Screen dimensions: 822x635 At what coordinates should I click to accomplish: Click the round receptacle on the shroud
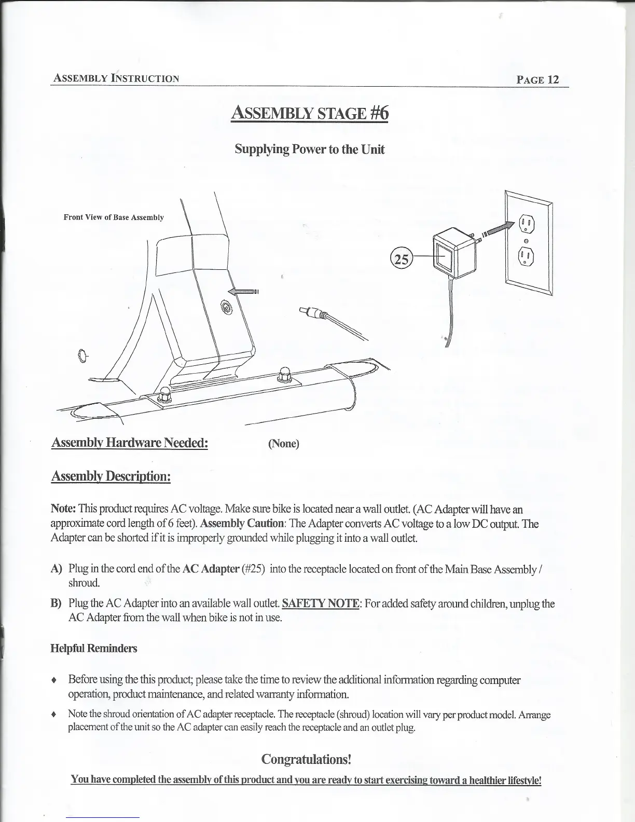click(227, 307)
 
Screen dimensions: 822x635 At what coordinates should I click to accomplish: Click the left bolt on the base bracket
click(165, 395)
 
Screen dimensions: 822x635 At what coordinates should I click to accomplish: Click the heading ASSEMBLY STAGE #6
click(309, 113)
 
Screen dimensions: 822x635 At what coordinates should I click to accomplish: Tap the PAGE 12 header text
click(537, 79)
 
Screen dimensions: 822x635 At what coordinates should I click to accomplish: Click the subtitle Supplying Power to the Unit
click(310, 149)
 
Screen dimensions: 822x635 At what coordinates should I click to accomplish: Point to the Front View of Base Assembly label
click(114, 217)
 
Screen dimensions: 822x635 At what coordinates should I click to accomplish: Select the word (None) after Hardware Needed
click(284, 444)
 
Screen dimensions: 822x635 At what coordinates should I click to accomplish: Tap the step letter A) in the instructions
click(57, 569)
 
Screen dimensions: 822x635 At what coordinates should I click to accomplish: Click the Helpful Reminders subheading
click(94, 648)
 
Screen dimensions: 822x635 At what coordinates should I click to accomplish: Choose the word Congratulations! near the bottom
click(307, 759)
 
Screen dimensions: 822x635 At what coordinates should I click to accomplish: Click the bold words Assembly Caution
click(243, 524)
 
